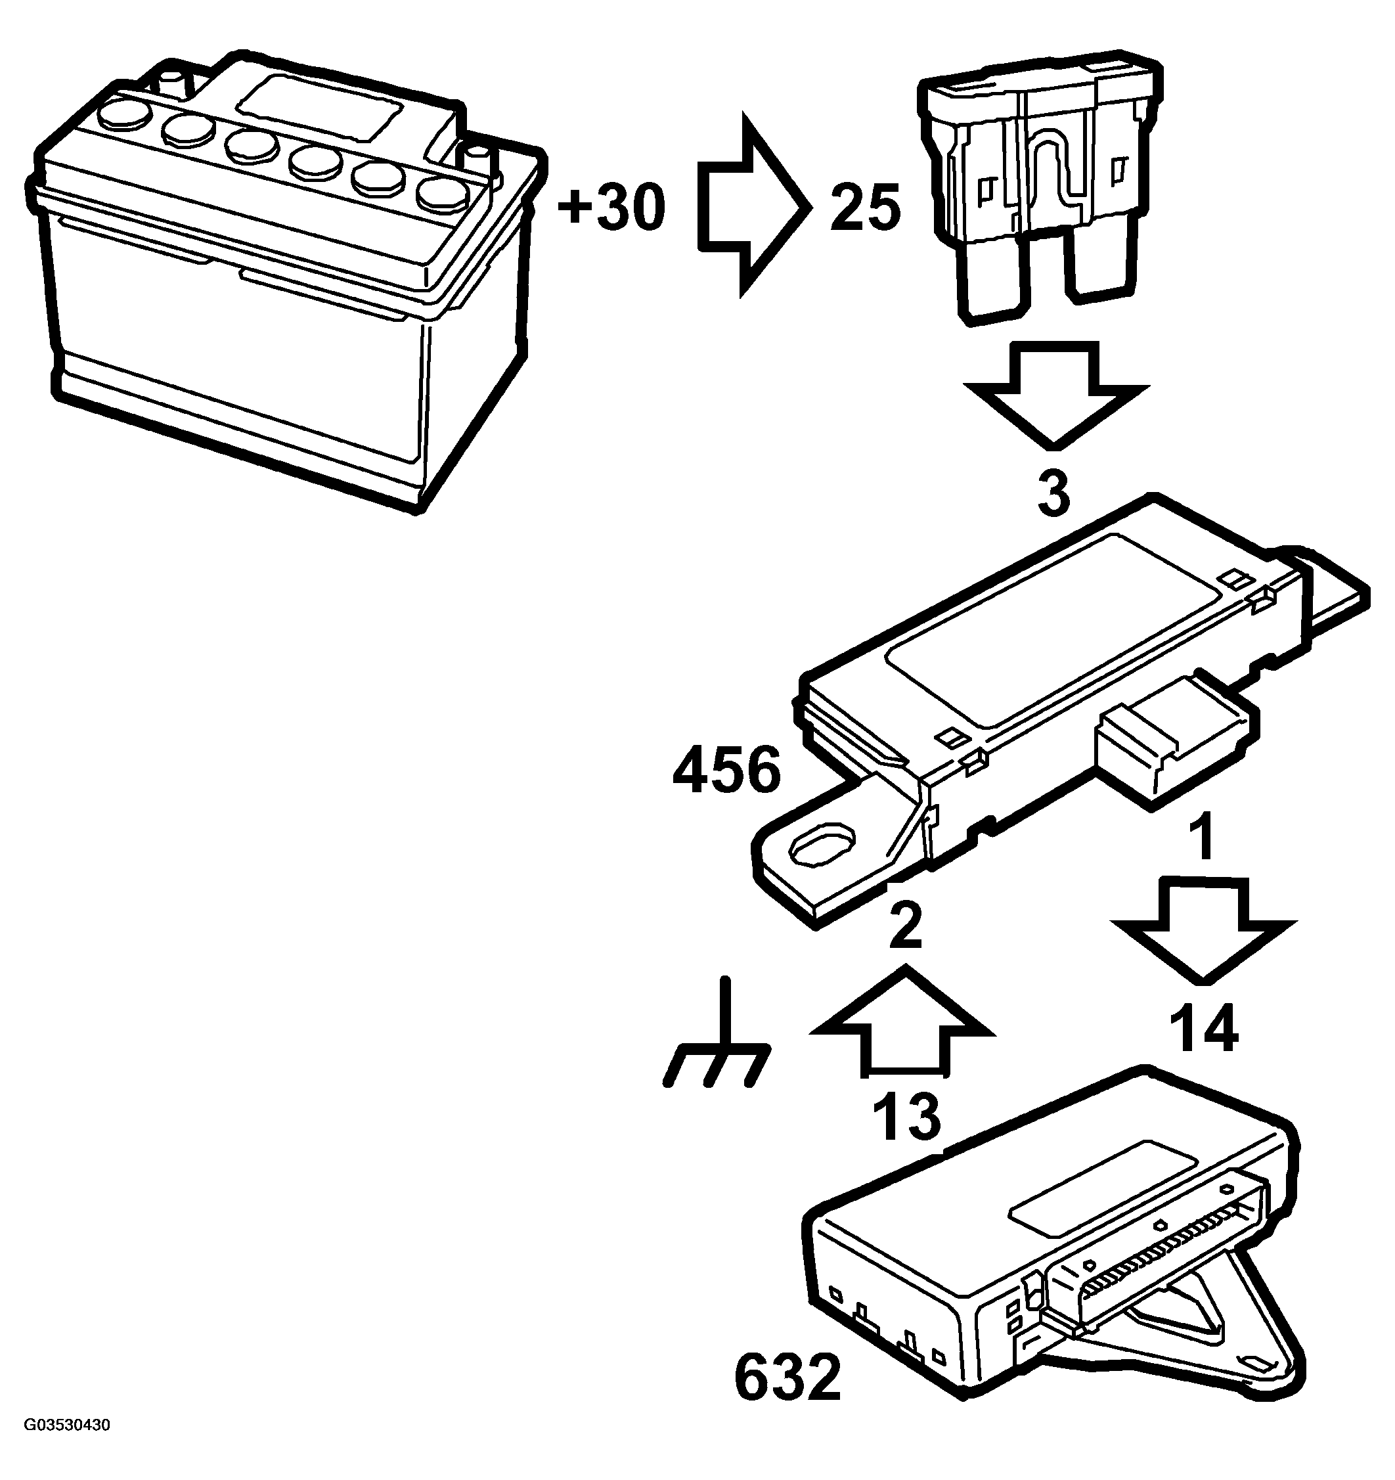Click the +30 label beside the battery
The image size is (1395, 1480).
612,208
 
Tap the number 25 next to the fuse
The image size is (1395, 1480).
865,208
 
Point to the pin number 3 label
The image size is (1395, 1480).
1054,492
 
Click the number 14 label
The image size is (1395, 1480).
1204,1028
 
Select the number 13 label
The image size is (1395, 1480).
906,1117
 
